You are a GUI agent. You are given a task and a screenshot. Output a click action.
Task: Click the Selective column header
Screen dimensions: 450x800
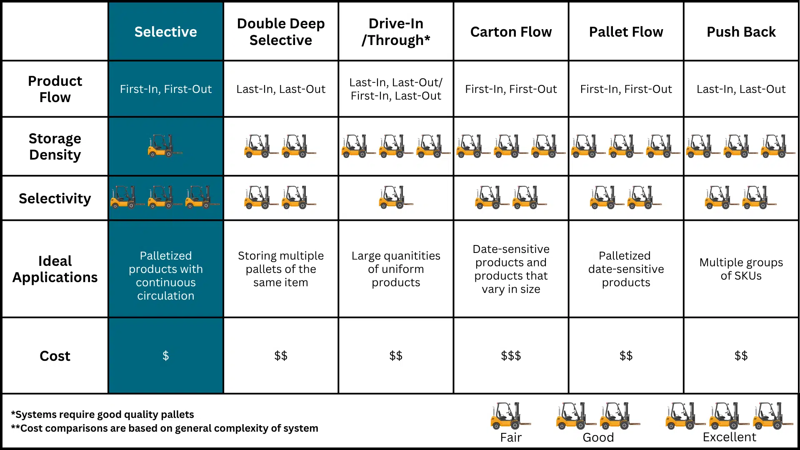(165, 32)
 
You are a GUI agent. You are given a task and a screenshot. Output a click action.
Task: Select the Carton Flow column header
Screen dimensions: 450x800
(511, 32)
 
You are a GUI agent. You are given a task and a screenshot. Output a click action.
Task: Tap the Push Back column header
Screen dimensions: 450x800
(741, 32)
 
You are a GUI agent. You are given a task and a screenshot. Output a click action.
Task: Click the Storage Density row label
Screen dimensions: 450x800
(55, 146)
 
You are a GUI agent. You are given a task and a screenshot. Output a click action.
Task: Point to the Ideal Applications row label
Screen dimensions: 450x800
(55, 269)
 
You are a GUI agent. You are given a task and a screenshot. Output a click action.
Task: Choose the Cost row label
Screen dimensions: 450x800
(55, 356)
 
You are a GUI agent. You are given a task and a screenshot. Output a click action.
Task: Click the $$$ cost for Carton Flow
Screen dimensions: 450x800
(511, 356)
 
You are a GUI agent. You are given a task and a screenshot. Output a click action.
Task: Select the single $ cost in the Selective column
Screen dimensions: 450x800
(165, 356)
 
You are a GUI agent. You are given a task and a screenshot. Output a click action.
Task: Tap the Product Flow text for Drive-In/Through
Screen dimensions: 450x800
(396, 89)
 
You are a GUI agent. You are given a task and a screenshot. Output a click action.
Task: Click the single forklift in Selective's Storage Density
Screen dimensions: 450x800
(163, 146)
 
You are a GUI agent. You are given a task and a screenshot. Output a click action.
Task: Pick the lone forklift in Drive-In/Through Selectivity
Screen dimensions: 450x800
(394, 197)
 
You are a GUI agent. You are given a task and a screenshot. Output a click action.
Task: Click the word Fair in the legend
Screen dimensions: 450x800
(511, 437)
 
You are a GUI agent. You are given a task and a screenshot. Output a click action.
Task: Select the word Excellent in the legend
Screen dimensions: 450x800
(729, 437)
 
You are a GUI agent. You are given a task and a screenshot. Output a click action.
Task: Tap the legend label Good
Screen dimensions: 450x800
(598, 437)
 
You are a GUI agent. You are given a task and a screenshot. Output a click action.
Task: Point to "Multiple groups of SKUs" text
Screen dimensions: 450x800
(741, 269)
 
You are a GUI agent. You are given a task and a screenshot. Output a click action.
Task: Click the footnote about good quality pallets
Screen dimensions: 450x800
(102, 415)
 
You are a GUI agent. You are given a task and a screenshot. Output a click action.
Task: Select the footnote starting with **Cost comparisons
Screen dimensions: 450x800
(165, 428)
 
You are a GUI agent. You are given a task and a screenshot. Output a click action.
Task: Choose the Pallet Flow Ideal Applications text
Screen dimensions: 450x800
(626, 269)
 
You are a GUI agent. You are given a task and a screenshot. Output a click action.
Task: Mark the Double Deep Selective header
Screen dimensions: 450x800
(280, 32)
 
